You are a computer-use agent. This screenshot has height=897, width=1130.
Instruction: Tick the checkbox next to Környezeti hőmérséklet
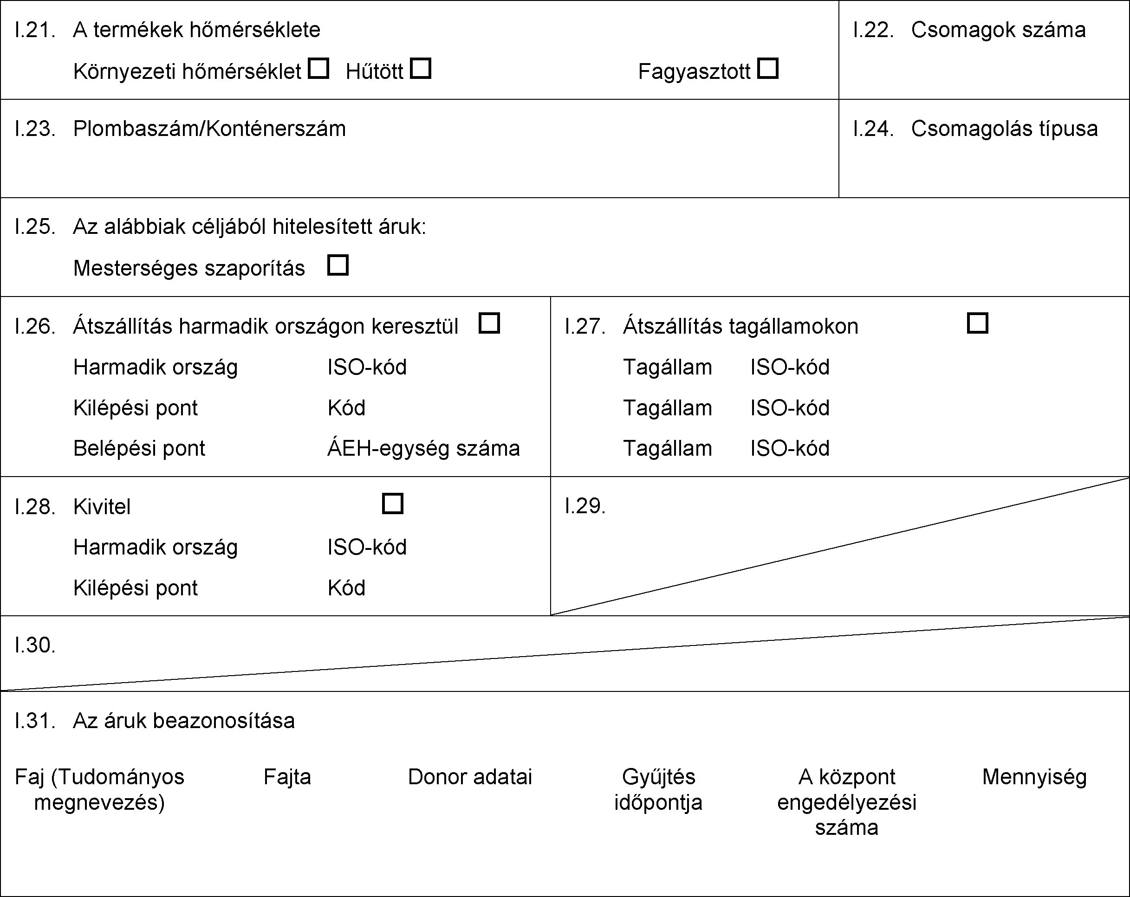tap(318, 69)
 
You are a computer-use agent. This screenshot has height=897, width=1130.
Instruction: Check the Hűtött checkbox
tap(420, 69)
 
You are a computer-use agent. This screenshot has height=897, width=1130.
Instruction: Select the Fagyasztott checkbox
tap(768, 69)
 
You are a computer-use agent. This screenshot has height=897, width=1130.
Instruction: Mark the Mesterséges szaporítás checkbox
tap(338, 265)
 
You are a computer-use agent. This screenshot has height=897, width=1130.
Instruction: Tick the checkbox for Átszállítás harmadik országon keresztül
tap(489, 323)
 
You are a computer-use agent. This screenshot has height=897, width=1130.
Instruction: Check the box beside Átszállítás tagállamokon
tap(977, 323)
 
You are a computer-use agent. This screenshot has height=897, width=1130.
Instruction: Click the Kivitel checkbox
tap(393, 503)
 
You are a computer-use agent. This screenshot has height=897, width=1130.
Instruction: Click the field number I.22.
tap(873, 30)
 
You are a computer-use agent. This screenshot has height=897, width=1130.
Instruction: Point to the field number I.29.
tap(585, 506)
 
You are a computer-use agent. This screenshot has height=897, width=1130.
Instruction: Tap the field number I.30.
tap(35, 645)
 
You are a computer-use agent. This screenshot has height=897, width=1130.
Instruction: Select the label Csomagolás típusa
tap(1004, 129)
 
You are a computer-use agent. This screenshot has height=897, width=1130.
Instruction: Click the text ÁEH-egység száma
tap(423, 448)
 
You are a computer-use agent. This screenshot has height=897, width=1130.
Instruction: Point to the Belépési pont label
tap(139, 448)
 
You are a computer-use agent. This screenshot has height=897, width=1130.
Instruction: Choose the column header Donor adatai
tap(470, 777)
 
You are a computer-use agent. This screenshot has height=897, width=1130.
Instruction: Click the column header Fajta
tap(287, 777)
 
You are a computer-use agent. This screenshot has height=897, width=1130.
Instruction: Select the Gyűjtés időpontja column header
tap(658, 790)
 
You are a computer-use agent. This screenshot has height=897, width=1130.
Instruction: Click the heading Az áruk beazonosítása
tap(184, 721)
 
